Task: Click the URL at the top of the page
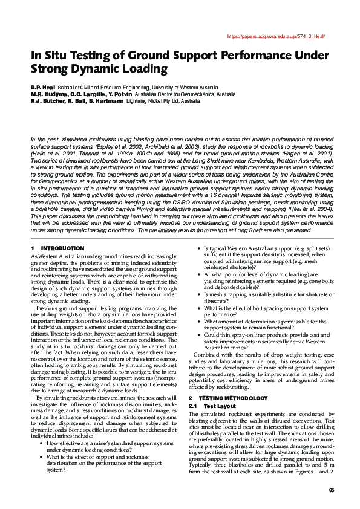280,36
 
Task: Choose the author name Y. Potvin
120,94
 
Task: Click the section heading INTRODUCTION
61,248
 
